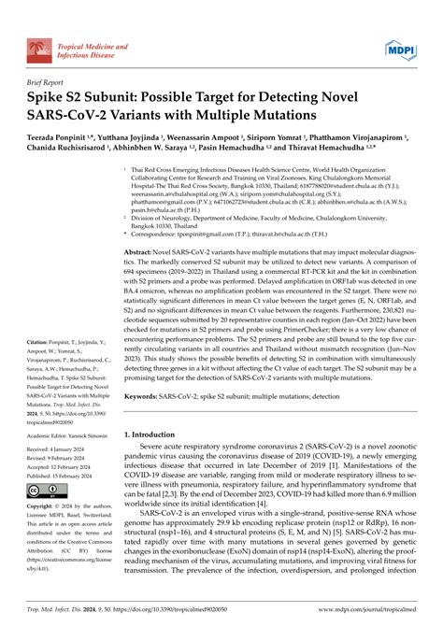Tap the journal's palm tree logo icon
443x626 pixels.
pos(39,28)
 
